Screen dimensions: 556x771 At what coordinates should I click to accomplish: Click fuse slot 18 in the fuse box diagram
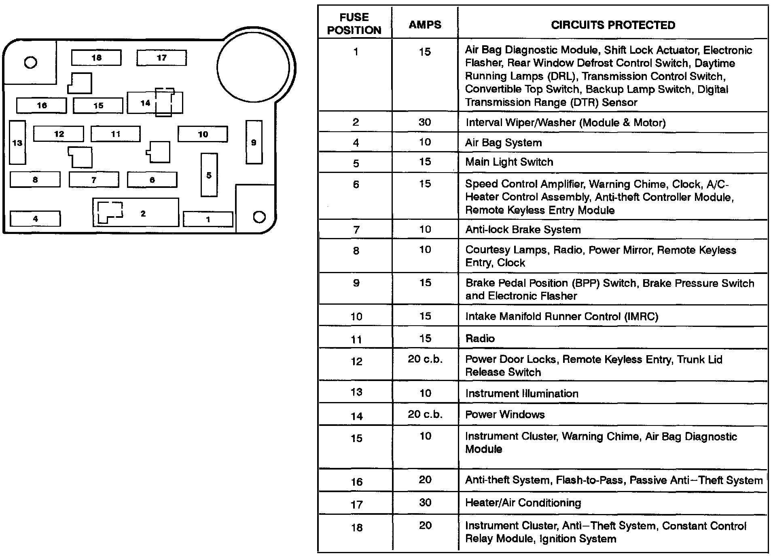point(96,57)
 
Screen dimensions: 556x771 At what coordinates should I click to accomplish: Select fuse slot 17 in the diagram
point(161,57)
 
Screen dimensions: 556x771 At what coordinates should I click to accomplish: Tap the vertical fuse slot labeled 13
point(17,142)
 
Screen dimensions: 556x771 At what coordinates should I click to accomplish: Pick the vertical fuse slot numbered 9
point(254,142)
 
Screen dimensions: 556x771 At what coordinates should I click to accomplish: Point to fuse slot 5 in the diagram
point(209,175)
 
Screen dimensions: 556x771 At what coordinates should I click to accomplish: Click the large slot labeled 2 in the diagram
point(143,213)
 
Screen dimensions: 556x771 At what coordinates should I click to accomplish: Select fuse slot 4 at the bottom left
point(35,219)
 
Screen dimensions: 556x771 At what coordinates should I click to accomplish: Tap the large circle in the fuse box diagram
point(253,67)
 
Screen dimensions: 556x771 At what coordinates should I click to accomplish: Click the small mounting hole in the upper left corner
point(31,62)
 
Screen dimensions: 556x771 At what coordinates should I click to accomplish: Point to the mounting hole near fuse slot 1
point(259,217)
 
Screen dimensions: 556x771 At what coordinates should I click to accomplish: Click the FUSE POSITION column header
point(354,23)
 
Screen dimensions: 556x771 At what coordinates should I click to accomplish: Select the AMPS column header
point(425,24)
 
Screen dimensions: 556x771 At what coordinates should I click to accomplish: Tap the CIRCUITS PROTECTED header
point(613,25)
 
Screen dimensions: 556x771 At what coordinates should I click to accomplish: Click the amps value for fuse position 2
point(425,122)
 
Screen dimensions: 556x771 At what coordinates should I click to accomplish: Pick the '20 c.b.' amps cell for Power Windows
point(425,414)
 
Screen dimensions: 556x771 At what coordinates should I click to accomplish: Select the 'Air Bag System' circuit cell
point(503,142)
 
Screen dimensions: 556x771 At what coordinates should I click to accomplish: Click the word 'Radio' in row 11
point(480,338)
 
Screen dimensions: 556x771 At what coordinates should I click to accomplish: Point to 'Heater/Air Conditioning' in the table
point(523,502)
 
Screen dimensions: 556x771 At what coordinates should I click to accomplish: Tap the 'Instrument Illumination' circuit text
point(521,393)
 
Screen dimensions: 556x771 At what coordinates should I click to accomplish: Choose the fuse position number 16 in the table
point(356,481)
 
